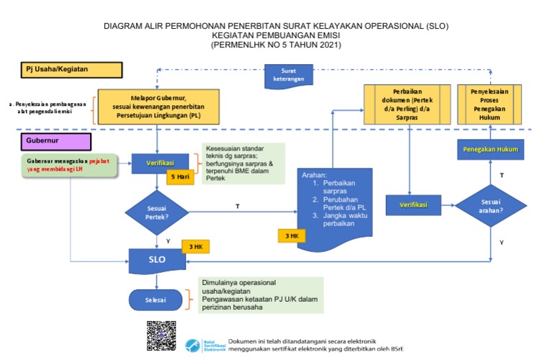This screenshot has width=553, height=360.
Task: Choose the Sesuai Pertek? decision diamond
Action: click(x=157, y=211)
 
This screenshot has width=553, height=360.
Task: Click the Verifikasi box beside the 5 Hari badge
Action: click(x=160, y=163)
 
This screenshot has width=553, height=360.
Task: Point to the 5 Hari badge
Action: click(x=181, y=177)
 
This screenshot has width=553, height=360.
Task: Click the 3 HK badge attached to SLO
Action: click(x=195, y=247)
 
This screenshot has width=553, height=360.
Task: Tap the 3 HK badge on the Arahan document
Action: click(x=292, y=236)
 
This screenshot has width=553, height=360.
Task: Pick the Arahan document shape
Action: click(x=335, y=205)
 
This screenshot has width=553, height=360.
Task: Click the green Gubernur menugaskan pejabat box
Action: click(x=69, y=164)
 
